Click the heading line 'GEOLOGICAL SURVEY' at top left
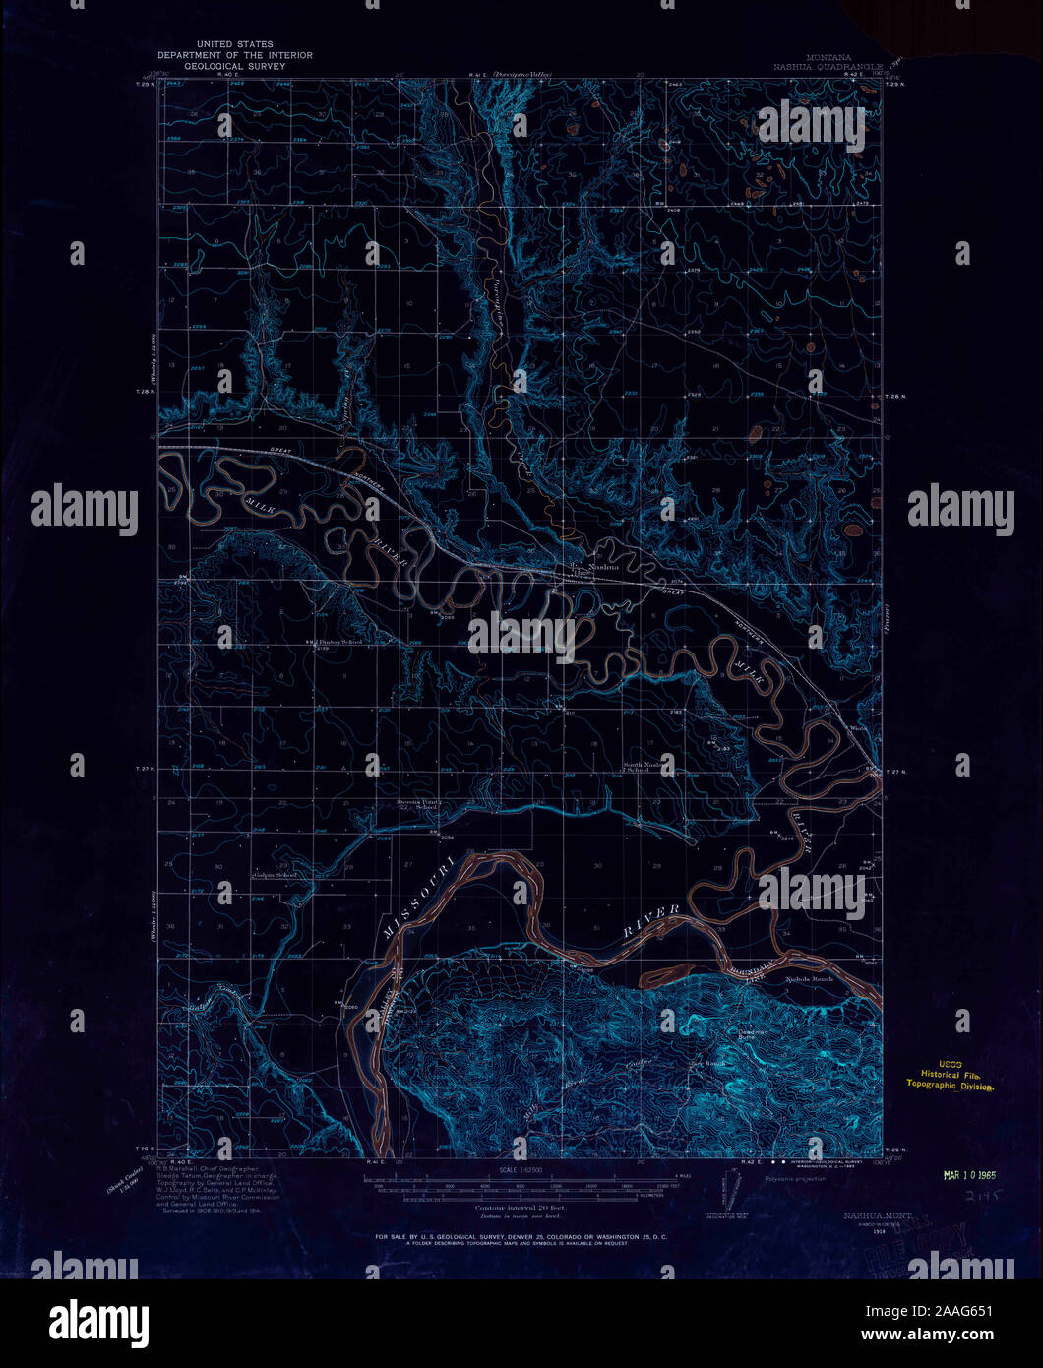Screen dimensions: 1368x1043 pyautogui.click(x=234, y=67)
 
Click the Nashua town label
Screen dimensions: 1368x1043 pyautogui.click(x=604, y=567)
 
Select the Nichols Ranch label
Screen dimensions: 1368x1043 pyautogui.click(x=809, y=979)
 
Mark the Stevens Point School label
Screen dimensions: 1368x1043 pyautogui.click(x=417, y=803)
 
